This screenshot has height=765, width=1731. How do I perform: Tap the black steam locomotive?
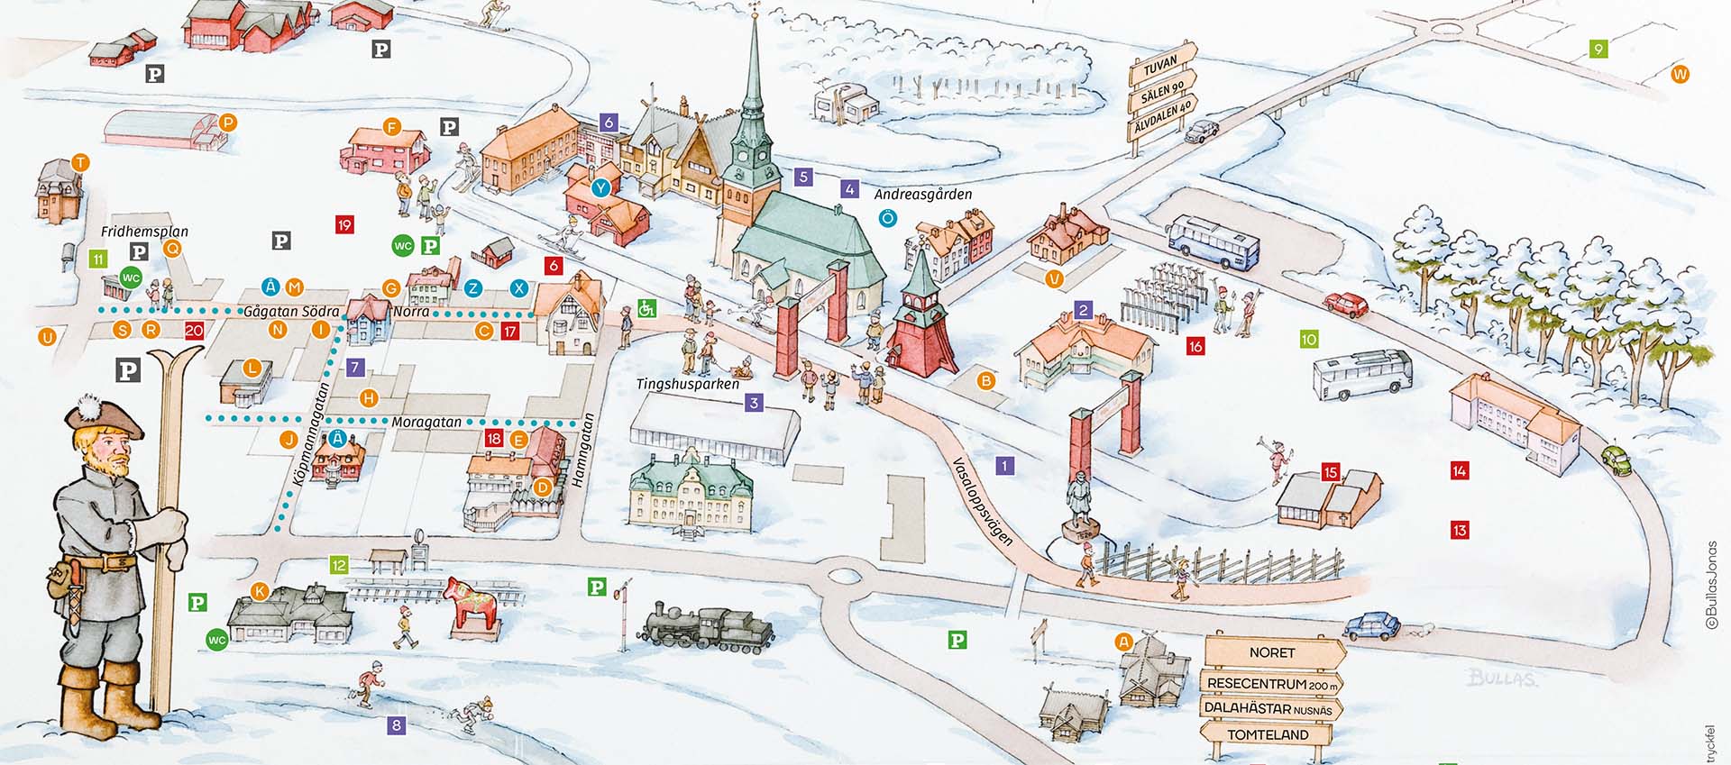[x=709, y=628]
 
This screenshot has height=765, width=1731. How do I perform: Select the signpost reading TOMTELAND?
[x=1268, y=734]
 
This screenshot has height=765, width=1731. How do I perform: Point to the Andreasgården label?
[x=923, y=194]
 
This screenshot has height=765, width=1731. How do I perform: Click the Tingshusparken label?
[x=688, y=384]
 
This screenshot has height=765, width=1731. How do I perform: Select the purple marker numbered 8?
[x=397, y=724]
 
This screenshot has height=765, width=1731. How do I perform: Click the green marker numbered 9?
[x=1598, y=50]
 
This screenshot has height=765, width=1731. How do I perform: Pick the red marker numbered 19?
[x=344, y=224]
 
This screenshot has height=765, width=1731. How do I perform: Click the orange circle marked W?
[x=1680, y=74]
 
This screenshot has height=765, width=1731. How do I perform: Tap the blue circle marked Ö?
[x=888, y=218]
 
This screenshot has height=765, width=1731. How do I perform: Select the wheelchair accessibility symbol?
[x=646, y=309]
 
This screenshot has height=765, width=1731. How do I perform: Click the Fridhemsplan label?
[x=144, y=232]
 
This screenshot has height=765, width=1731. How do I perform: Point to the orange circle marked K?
[x=260, y=591]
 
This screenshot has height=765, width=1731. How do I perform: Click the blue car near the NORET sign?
[x=1371, y=624]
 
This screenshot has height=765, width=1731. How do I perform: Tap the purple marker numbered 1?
[x=1004, y=466]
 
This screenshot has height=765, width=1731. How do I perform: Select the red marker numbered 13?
[x=1460, y=530]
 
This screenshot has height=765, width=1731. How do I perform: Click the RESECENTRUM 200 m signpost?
[x=1271, y=684]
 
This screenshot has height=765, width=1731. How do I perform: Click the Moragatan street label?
[x=426, y=422]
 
